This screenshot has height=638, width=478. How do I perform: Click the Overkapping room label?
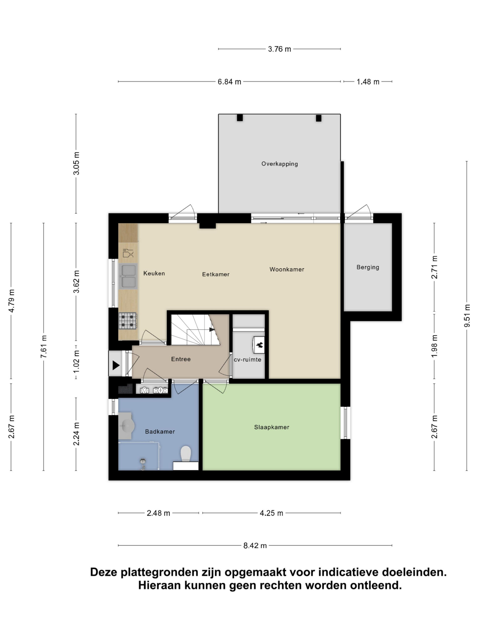[x=280, y=164]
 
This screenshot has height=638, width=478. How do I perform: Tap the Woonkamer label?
[x=287, y=269]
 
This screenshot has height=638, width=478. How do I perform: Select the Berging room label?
[x=368, y=267]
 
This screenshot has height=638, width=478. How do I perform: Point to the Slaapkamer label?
[x=271, y=427]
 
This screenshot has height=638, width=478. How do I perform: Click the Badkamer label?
[x=160, y=431]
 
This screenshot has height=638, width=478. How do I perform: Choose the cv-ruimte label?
[x=247, y=360]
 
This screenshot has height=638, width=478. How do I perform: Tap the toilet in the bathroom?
[x=185, y=454]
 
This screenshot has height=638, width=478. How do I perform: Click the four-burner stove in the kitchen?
[x=128, y=321]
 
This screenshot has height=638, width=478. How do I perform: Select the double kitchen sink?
[x=128, y=276]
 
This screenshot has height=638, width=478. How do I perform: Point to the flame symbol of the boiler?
[x=259, y=344]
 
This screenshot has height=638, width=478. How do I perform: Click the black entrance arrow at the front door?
[x=116, y=365]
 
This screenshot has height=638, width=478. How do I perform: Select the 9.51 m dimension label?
[x=467, y=316]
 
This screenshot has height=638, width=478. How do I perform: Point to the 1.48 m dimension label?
[x=368, y=82]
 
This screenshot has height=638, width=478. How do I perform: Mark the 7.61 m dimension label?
[x=44, y=347]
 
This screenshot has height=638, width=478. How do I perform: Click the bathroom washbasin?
[x=126, y=425]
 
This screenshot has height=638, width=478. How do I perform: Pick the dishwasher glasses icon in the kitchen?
[x=128, y=253]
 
